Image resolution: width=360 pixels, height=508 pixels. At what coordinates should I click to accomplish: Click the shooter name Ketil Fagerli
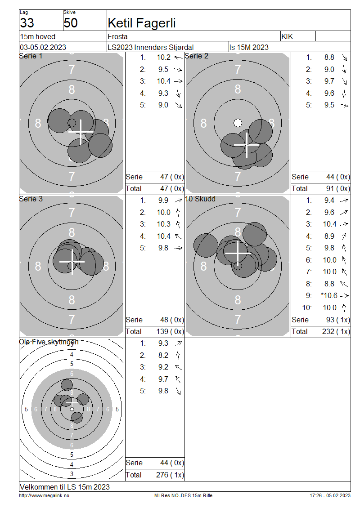point(141,23)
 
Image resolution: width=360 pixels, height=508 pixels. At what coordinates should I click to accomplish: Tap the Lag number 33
point(27,23)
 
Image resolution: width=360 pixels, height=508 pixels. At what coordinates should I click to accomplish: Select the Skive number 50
point(71,23)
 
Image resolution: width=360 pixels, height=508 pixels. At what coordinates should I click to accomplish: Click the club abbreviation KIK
point(287,36)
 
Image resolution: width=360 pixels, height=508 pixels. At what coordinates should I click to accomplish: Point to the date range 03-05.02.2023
point(43,47)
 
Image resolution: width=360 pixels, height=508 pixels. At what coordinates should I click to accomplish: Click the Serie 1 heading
point(31,56)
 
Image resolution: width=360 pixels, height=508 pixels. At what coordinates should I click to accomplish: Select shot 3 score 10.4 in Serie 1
point(163,81)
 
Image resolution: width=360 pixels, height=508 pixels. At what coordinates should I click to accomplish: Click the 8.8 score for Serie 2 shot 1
point(329,58)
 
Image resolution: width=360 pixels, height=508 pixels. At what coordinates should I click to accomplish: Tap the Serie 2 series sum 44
point(330,177)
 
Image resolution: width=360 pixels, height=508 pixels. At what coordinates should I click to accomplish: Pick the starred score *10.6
point(329,295)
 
